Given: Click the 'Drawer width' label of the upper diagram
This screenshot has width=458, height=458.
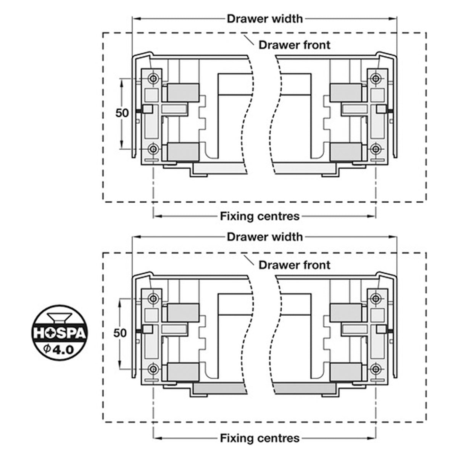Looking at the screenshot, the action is (x=265, y=19).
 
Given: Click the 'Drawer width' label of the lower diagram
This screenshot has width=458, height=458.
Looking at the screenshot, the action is (x=265, y=237).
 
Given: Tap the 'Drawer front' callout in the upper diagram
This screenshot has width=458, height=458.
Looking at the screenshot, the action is (x=294, y=45).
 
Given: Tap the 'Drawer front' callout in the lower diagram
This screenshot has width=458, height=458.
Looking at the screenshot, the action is (x=294, y=265).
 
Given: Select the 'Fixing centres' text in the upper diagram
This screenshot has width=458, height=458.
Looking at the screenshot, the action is (x=260, y=216).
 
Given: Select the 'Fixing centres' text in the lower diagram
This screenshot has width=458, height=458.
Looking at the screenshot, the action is (x=260, y=438).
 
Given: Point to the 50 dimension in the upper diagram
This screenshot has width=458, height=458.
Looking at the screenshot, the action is (x=122, y=113).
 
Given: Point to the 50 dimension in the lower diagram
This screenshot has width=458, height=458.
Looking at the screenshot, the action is (x=120, y=333).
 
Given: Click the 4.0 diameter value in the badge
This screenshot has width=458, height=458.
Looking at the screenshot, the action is (x=62, y=350).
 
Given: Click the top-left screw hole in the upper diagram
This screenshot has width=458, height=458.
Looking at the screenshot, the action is (x=153, y=78).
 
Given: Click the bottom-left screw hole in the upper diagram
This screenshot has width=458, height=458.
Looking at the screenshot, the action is (x=153, y=149).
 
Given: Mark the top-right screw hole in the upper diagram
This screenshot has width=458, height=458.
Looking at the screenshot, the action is (x=376, y=78).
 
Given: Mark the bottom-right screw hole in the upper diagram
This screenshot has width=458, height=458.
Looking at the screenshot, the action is (x=376, y=149).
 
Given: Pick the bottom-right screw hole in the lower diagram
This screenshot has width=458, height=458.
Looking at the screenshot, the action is (x=376, y=369).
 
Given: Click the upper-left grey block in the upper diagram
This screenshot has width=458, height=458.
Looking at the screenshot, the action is (x=183, y=92).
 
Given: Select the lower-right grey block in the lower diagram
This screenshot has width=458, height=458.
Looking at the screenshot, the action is (x=346, y=372).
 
